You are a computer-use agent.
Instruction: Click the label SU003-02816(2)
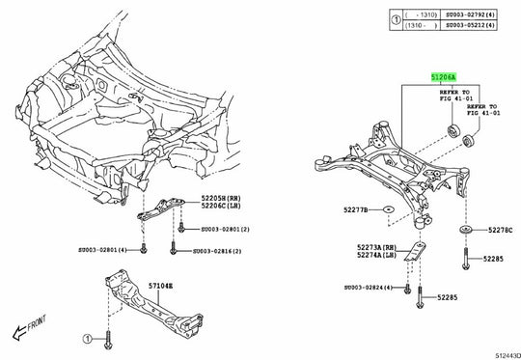pyautogui.click(x=224, y=251)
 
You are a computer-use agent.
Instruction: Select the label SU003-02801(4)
pyautogui.click(x=108, y=250)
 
